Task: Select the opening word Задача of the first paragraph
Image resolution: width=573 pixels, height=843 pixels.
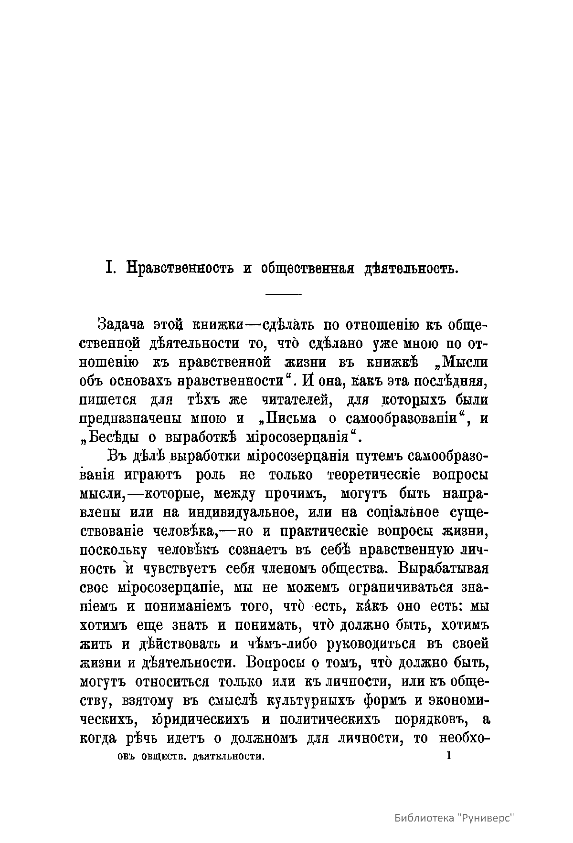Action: click(121, 325)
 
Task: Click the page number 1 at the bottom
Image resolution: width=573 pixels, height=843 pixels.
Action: click(447, 756)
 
